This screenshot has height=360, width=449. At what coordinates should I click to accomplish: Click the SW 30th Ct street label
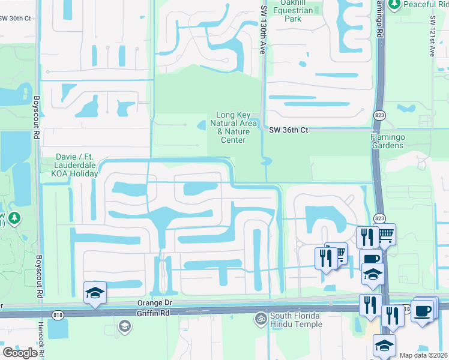tap(15, 19)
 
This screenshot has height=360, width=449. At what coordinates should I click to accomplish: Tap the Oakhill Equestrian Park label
tap(293, 10)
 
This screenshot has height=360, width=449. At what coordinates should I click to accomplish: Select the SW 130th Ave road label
tap(263, 31)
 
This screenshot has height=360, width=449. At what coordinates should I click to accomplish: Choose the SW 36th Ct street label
tap(288, 130)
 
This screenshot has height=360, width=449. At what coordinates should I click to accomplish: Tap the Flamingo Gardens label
tap(391, 140)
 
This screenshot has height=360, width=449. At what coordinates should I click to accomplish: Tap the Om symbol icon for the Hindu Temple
tap(261, 317)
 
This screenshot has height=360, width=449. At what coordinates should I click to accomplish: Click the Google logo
tap(20, 352)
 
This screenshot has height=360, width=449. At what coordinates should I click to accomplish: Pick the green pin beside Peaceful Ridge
tap(394, 5)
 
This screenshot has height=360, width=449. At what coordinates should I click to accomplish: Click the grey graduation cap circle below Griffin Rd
tap(125, 326)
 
